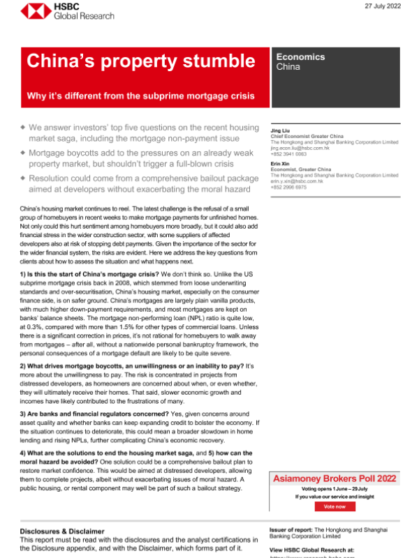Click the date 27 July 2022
click(383, 6)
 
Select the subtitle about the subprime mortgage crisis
click(140, 95)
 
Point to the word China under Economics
click(288, 68)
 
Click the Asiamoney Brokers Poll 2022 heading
click(335, 478)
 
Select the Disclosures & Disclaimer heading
click(62, 531)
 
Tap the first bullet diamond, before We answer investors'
click(23, 128)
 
